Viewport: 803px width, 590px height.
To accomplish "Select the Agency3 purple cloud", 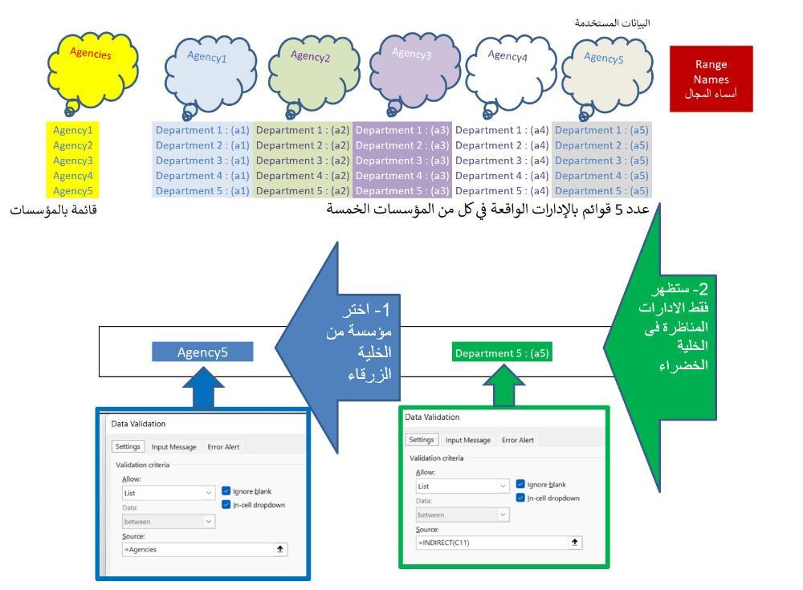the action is click(414, 71).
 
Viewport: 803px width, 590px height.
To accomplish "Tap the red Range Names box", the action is click(711, 79).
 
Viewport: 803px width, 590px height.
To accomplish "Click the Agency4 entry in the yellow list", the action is click(73, 176).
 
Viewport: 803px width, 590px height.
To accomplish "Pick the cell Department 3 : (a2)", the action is click(303, 161).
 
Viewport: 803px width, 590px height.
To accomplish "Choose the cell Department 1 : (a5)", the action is click(601, 130).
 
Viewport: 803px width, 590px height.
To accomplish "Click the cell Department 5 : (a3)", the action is click(402, 190).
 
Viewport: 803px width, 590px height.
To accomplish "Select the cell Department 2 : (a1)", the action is click(202, 145).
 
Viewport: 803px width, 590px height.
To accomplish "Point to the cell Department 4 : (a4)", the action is click(502, 176).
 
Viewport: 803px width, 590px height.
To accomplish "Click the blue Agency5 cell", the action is click(202, 352).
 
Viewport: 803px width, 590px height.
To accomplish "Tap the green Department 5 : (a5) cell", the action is click(502, 353).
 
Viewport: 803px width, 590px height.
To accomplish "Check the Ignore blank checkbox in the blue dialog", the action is click(226, 490).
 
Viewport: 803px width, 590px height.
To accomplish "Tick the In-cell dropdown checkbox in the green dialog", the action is click(520, 498).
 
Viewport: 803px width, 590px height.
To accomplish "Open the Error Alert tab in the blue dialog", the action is click(223, 446).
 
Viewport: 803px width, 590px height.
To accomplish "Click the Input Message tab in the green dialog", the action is click(468, 440).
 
